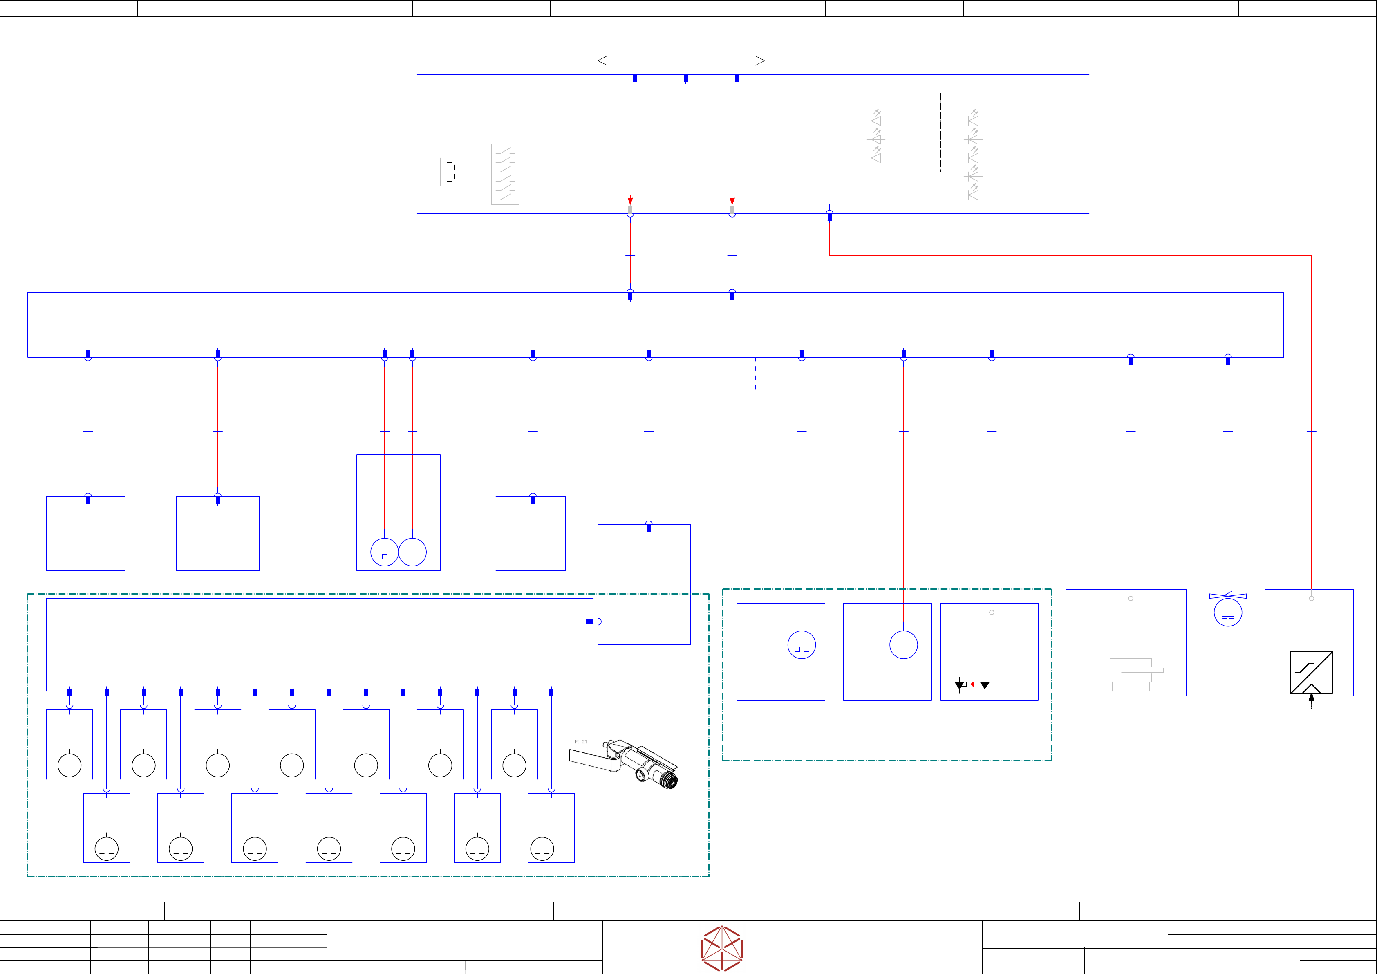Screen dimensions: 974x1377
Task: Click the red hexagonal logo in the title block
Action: tap(722, 948)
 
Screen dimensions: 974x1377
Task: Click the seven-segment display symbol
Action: tap(449, 172)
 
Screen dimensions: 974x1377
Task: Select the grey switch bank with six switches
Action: tap(505, 174)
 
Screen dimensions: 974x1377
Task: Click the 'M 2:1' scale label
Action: tap(580, 742)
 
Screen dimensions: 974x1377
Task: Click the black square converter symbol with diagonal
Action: tap(1311, 672)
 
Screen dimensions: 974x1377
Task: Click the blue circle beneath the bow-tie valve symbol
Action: tap(1228, 613)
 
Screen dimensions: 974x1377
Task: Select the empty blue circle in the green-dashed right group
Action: tap(903, 645)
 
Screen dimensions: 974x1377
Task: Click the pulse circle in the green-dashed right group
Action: tap(801, 645)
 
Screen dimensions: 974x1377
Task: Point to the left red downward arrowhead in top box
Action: tap(630, 200)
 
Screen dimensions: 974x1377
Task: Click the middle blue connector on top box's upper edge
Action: tap(685, 78)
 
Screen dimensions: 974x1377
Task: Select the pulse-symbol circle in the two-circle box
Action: tap(385, 552)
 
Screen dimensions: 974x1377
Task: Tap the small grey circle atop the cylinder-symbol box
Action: tap(1131, 598)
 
